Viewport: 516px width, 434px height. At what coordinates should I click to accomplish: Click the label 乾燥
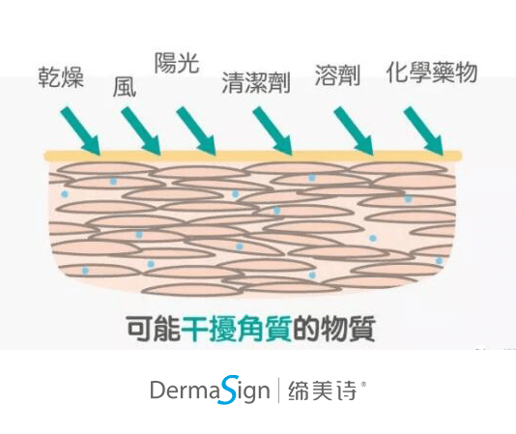[61, 77]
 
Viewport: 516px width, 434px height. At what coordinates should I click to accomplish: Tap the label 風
[125, 87]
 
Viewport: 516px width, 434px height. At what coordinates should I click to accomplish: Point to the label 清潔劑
[256, 82]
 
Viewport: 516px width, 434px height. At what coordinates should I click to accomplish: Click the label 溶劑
[337, 75]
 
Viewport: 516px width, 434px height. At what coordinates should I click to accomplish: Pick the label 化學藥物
[432, 72]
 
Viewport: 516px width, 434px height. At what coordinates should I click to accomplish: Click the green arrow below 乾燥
[80, 130]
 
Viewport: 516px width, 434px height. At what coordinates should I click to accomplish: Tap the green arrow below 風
[141, 130]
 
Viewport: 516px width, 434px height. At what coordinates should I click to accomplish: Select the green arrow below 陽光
[196, 130]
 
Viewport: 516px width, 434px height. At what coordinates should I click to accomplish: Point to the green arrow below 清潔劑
[272, 130]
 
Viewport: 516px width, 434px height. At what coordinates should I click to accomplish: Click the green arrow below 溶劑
[354, 130]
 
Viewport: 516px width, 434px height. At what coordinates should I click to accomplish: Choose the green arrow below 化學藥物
[424, 130]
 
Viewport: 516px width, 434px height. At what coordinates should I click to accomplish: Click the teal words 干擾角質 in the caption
[237, 329]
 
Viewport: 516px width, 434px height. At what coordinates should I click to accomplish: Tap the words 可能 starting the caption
[154, 329]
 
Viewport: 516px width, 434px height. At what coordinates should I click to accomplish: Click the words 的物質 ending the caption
[334, 329]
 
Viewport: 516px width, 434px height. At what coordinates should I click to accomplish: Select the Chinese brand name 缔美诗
[323, 391]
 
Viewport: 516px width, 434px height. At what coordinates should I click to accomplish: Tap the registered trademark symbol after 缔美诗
[363, 384]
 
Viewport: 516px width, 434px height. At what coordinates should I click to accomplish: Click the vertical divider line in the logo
[279, 391]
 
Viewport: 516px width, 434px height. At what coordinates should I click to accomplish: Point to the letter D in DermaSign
[158, 391]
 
